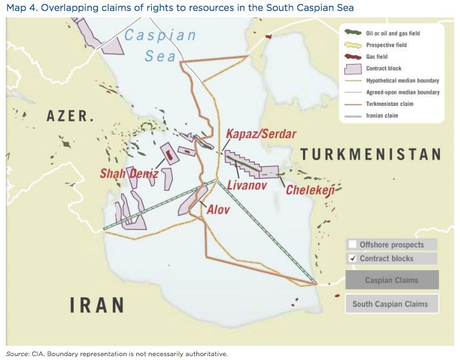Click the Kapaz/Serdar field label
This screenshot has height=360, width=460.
[x=260, y=134]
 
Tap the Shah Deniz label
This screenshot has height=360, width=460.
[x=129, y=173]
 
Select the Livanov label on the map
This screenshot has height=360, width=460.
[x=247, y=185]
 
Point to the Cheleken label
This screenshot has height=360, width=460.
[x=309, y=191]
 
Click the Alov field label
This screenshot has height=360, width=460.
[x=218, y=210]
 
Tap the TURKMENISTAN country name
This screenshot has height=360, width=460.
[x=371, y=154]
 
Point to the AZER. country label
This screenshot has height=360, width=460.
[x=70, y=117]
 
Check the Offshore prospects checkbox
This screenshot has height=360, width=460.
[x=352, y=244]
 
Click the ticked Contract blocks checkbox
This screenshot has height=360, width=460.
[x=352, y=259]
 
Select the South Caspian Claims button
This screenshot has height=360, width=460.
[x=392, y=304]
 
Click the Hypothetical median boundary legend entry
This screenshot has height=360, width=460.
[x=402, y=80]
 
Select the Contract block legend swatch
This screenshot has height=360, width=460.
[x=352, y=68]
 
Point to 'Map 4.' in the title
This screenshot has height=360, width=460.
[x=21, y=7]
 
